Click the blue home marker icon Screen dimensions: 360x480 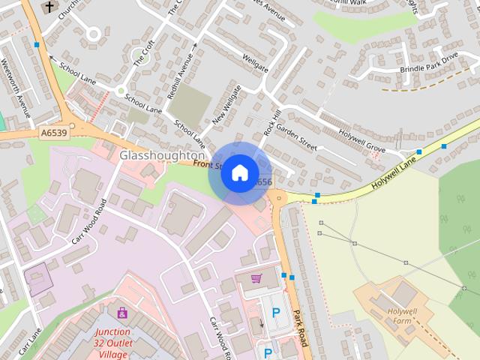[x=239, y=172]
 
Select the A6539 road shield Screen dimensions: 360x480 [x=53, y=133]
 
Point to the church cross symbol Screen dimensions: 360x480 [x=49, y=7]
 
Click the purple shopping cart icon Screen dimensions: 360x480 [x=256, y=279]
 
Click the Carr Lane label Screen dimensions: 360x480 [x=29, y=342]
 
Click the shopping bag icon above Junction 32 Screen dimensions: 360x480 [x=122, y=312]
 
